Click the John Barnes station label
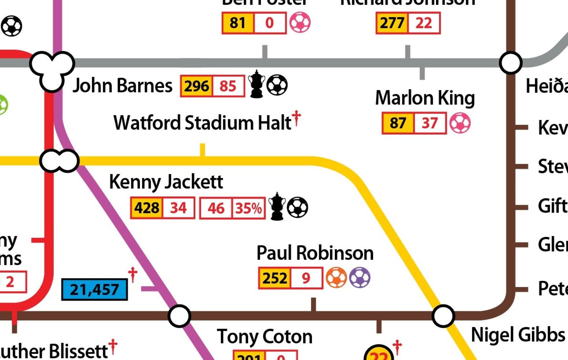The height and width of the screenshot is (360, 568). (x=122, y=86)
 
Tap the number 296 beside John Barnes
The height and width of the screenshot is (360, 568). (x=196, y=86)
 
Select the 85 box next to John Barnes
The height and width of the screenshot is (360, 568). (x=228, y=86)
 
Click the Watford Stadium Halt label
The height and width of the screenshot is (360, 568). (x=202, y=123)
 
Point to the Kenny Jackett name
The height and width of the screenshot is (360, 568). (x=166, y=182)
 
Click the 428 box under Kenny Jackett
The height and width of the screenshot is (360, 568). (x=147, y=208)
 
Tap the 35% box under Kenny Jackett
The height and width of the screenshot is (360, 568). (x=249, y=208)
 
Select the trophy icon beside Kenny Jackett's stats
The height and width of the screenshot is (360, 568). (x=277, y=207)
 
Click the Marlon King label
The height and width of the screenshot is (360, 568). (x=425, y=98)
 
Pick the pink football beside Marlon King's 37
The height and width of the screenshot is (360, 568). (x=460, y=123)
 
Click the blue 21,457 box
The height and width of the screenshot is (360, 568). (x=94, y=289)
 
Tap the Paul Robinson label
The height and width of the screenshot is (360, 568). (x=315, y=253)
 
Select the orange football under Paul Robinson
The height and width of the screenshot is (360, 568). (x=336, y=278)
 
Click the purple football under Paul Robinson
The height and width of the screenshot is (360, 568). (x=360, y=278)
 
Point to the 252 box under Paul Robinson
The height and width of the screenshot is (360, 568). (x=275, y=278)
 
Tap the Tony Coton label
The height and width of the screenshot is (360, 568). (x=265, y=336)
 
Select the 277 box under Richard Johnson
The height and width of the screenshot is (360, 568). (x=392, y=23)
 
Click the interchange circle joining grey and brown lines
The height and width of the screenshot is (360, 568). (x=510, y=63)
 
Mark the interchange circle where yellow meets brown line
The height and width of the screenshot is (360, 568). (x=443, y=316)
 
